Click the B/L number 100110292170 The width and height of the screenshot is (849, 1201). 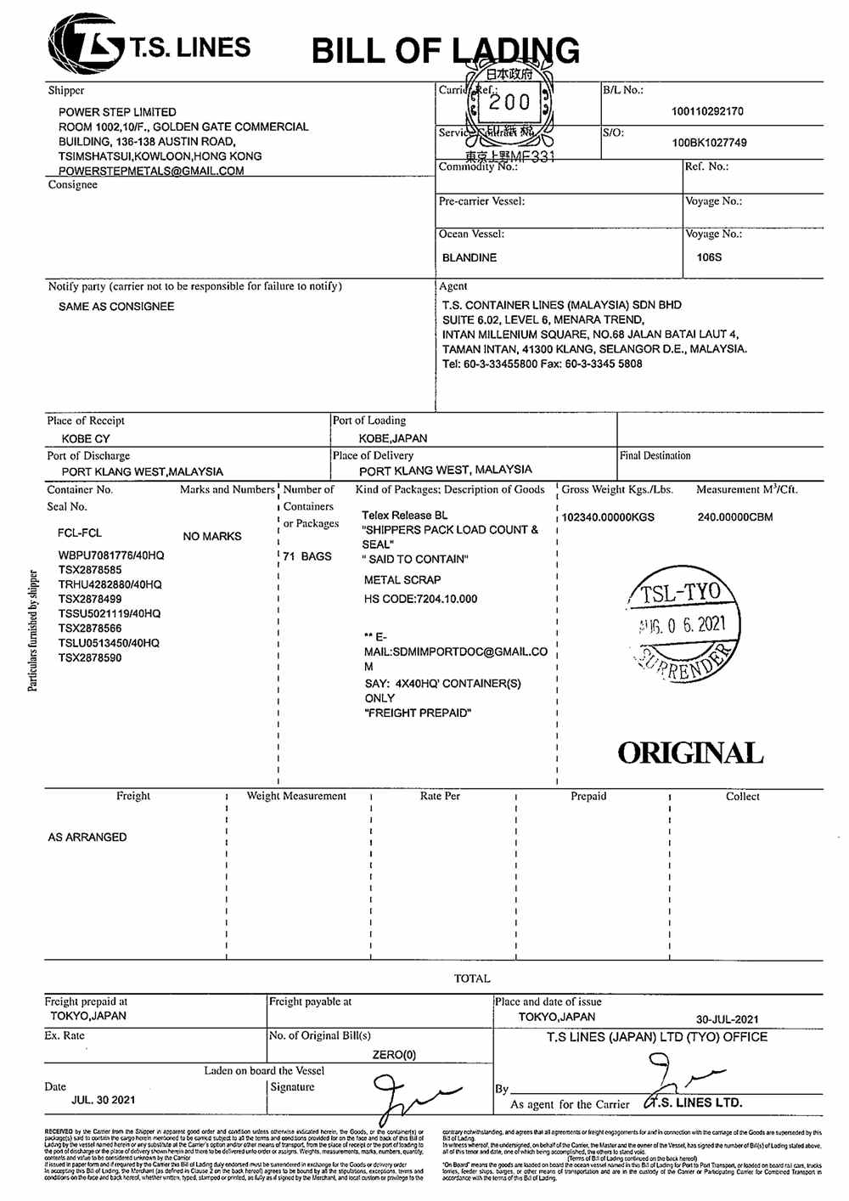pos(707,111)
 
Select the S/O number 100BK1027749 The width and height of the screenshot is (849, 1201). pos(709,143)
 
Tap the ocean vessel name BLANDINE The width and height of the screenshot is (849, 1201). pos(469,257)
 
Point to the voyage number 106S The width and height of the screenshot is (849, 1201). pos(709,257)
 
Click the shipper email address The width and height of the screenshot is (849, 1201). pos(151,171)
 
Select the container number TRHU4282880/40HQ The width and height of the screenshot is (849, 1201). pos(110,584)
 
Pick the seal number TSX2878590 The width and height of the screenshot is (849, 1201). pos(90,657)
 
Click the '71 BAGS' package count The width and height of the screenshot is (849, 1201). pos(307,556)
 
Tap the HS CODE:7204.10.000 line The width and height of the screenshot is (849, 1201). pos(420,599)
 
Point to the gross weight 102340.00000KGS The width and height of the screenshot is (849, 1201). pos(608,516)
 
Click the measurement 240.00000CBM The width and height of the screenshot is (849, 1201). pos(735,516)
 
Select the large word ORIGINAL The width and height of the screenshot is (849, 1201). pos(689,753)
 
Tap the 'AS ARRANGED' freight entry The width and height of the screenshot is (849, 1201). pos(87,837)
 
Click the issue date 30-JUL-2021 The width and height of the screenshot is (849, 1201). pos(728,1019)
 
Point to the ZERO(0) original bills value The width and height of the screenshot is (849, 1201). pos(394,1055)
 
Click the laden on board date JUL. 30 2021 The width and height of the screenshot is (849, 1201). pos(104,1100)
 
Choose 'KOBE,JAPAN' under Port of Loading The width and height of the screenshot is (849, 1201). pos(393,438)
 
